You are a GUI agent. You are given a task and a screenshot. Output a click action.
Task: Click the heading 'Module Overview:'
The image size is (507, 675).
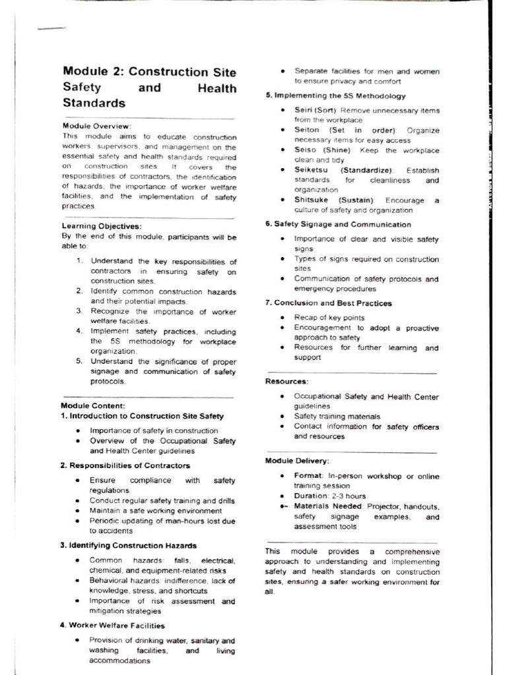[x=96, y=126]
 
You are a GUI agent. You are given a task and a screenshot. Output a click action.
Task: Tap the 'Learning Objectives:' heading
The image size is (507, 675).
[x=102, y=227]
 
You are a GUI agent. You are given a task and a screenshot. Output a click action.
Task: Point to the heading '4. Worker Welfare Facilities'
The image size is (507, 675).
[x=112, y=626]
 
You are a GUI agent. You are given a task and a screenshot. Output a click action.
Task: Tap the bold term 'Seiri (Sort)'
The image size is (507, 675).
[x=316, y=110]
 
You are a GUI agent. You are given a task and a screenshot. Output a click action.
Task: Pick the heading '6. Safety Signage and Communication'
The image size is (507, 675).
[x=338, y=224]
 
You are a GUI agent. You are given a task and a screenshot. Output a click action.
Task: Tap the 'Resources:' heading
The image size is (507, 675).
[x=287, y=382]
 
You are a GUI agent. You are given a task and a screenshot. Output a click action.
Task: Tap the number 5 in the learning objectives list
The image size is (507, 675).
[x=79, y=361]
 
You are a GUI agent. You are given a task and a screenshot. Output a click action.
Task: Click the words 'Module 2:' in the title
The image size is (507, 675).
[x=92, y=72]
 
